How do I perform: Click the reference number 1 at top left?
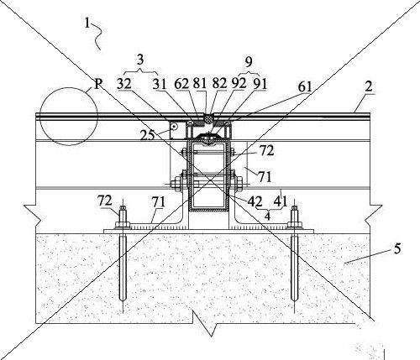pos(87,23)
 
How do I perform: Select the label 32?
pos(124,83)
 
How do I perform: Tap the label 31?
pos(160,84)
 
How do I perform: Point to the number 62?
pos(181,83)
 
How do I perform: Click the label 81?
pos(200,83)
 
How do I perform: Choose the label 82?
pos(219,83)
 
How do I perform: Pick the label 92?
pos(239,83)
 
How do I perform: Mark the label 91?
pos(260,83)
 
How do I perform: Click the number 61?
pos(305,86)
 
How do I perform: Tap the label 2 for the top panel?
pos(369,86)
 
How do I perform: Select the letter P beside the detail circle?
pos(97,83)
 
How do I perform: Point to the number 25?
pos(147,135)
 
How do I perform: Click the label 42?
pos(255,201)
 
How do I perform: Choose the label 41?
pos(281,201)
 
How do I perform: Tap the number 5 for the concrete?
pos(397,248)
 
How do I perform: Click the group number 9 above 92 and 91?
pos(249,62)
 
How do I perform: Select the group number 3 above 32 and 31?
pos(140,60)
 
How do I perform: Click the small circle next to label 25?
pos(174,128)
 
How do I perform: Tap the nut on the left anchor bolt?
pos(122,225)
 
